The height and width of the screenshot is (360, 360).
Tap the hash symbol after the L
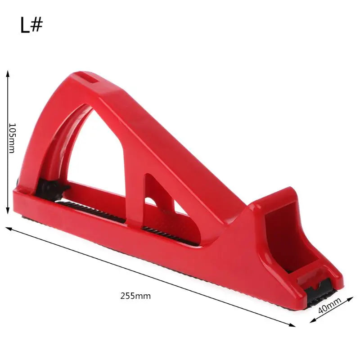pos(37,25)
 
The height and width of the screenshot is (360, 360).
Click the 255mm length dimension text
pos(135,296)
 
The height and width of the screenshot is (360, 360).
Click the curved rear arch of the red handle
pos(43,135)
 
